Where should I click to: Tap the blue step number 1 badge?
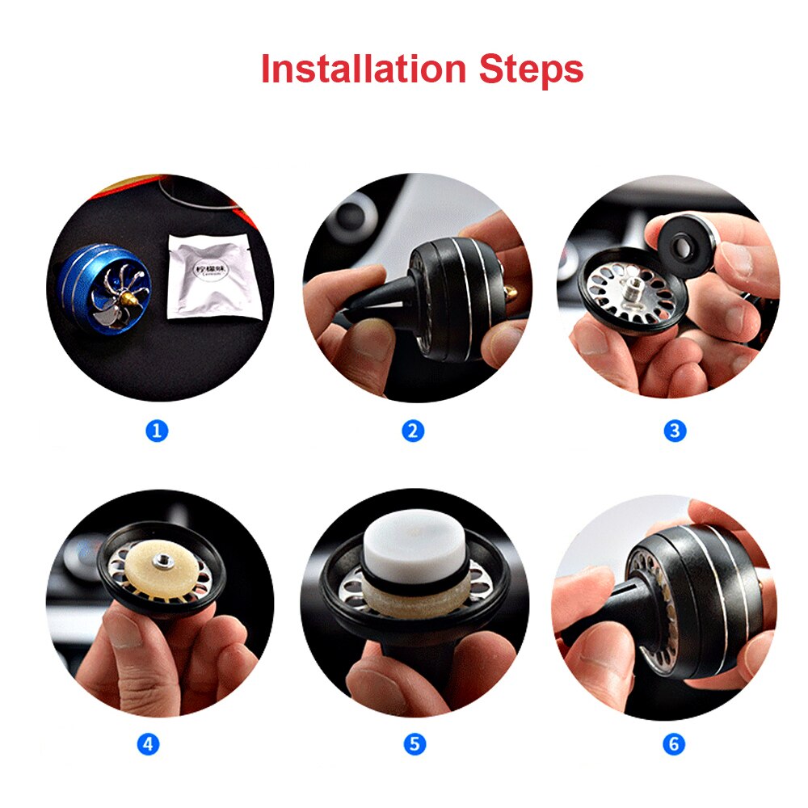click(157, 431)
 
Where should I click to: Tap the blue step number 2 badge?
click(413, 431)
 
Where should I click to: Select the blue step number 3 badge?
click(675, 431)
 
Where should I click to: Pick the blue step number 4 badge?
click(147, 743)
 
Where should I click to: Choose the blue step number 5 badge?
click(414, 743)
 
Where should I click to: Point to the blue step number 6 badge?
click(674, 743)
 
